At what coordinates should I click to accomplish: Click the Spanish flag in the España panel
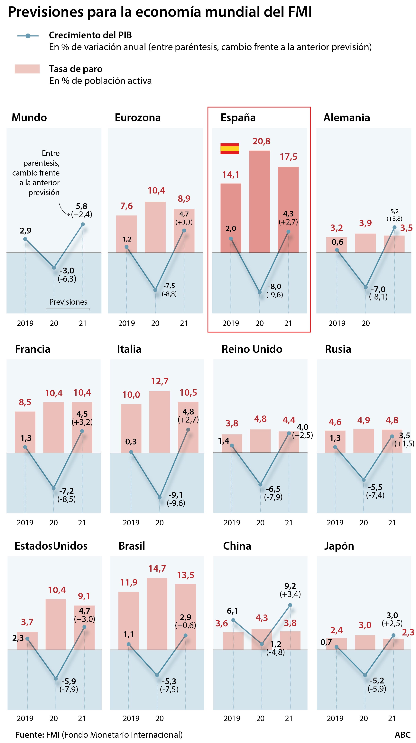(x=229, y=148)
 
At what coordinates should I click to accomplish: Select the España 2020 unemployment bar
(x=259, y=202)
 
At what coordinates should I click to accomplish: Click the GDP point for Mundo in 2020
(x=54, y=268)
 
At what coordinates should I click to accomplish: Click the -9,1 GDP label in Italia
(x=176, y=495)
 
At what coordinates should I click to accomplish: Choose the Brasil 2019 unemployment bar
(x=129, y=621)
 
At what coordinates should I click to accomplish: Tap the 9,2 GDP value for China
(x=290, y=586)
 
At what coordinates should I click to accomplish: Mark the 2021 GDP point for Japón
(x=393, y=635)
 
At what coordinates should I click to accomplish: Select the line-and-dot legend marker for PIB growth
(x=28, y=36)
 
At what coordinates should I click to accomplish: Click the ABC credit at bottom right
(x=402, y=735)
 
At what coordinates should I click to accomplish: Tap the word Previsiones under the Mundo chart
(x=68, y=302)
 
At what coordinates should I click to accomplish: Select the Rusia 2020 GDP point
(x=364, y=480)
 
